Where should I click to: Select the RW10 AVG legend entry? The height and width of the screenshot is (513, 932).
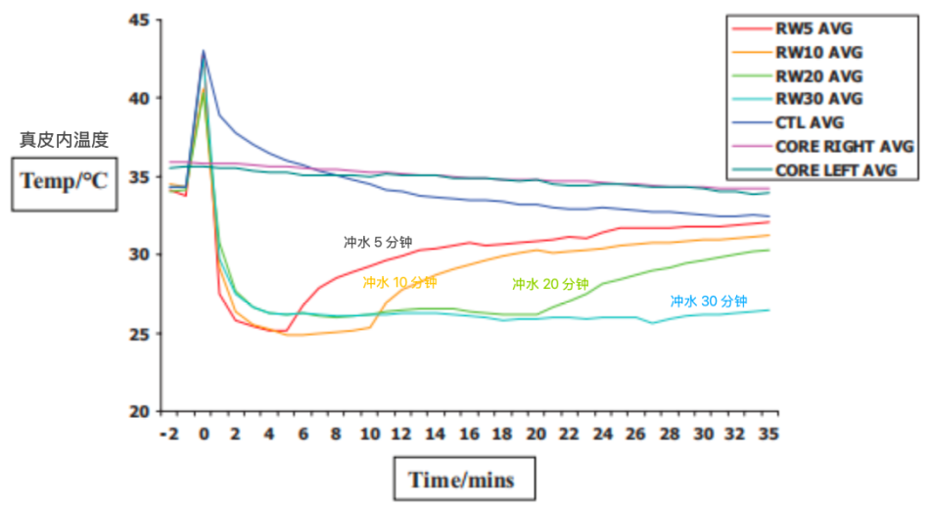(x=797, y=52)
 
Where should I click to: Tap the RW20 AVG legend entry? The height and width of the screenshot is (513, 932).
(x=797, y=76)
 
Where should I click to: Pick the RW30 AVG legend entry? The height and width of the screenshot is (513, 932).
(x=797, y=99)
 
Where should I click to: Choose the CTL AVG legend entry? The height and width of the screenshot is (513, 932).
(x=788, y=122)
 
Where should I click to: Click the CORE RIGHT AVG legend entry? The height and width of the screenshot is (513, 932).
(x=822, y=146)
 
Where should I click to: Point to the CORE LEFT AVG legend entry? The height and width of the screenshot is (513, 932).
(x=815, y=170)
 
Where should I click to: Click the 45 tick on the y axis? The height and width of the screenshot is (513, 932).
(x=140, y=21)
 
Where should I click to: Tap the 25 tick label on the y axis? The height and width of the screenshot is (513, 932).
(x=140, y=334)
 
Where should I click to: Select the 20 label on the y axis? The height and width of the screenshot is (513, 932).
(x=140, y=411)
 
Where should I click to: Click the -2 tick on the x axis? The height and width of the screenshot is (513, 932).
(x=170, y=434)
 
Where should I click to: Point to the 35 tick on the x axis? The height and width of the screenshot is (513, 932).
(x=769, y=434)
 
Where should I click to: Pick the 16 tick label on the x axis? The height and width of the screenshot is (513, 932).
(x=469, y=434)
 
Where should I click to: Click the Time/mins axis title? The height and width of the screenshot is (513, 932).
(x=462, y=480)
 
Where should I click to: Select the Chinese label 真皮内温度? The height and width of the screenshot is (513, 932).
(x=65, y=140)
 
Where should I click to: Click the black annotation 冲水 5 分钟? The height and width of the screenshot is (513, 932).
(x=378, y=242)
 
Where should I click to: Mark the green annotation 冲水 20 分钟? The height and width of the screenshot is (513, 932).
(x=550, y=284)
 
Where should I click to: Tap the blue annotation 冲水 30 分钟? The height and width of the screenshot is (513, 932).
(x=709, y=302)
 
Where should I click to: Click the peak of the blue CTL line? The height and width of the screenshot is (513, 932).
(x=204, y=51)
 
